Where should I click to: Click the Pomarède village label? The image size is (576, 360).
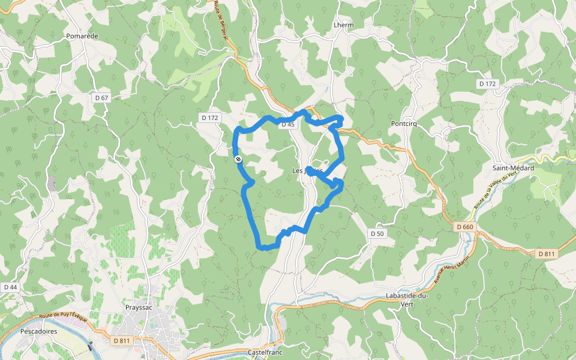tap(82, 36)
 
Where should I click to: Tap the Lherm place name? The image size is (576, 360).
tap(343, 25)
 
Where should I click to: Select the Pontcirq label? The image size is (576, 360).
tap(403, 124)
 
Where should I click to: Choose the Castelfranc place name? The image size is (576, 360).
tap(265, 352)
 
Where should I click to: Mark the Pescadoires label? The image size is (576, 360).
tap(38, 331)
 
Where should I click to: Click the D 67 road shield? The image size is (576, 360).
tap(101, 97)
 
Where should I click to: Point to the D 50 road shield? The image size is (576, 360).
tap(377, 233)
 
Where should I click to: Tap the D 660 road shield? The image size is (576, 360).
tap(464, 227)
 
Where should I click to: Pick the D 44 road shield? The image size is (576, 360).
tap(10, 287)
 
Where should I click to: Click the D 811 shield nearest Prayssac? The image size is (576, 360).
tap(121, 341)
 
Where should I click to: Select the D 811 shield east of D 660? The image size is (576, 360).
tap(546, 254)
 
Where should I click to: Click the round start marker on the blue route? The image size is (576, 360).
tap(238, 159)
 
